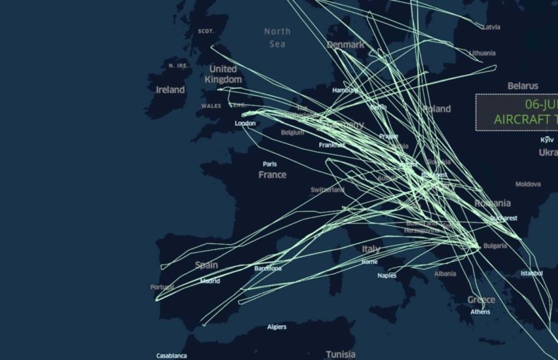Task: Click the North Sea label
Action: point(278,37)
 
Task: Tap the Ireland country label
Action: point(170,90)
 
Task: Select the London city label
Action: point(245,124)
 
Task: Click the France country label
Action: point(272,174)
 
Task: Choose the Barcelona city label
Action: point(268,268)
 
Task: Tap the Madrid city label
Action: point(210,281)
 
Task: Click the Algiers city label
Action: point(277,327)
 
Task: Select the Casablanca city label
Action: point(172,355)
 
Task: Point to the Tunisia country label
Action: point(340,354)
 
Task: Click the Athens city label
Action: point(480,311)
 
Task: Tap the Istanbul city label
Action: point(532,273)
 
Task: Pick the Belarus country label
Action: point(523,86)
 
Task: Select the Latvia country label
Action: point(490,27)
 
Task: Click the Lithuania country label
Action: point(482,53)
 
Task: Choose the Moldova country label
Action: point(528,184)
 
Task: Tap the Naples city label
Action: point(387,275)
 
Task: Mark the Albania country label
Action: point(445,274)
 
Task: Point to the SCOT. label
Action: point(206,31)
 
